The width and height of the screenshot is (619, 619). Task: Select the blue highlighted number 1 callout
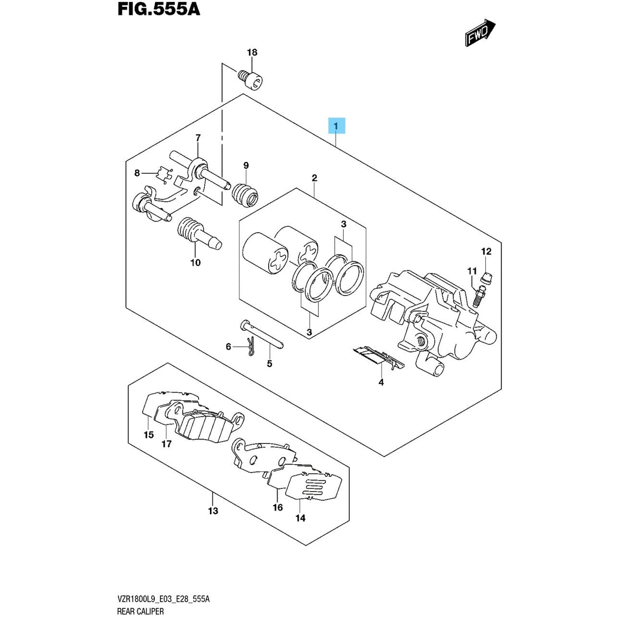pyautogui.click(x=336, y=126)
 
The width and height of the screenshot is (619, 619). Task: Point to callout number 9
pyautogui.click(x=246, y=166)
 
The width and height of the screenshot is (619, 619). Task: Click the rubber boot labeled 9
pyautogui.click(x=245, y=195)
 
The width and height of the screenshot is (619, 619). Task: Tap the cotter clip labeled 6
pyautogui.click(x=251, y=348)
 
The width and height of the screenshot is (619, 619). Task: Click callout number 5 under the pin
pyautogui.click(x=269, y=364)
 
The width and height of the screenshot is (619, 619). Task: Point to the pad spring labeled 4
pyautogui.click(x=379, y=358)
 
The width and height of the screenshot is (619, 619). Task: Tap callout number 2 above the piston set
pyautogui.click(x=314, y=178)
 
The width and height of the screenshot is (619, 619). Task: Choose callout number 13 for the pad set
pyautogui.click(x=213, y=511)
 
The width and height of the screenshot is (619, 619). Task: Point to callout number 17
pyautogui.click(x=167, y=444)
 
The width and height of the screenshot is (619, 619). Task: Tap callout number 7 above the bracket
pyautogui.click(x=198, y=138)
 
